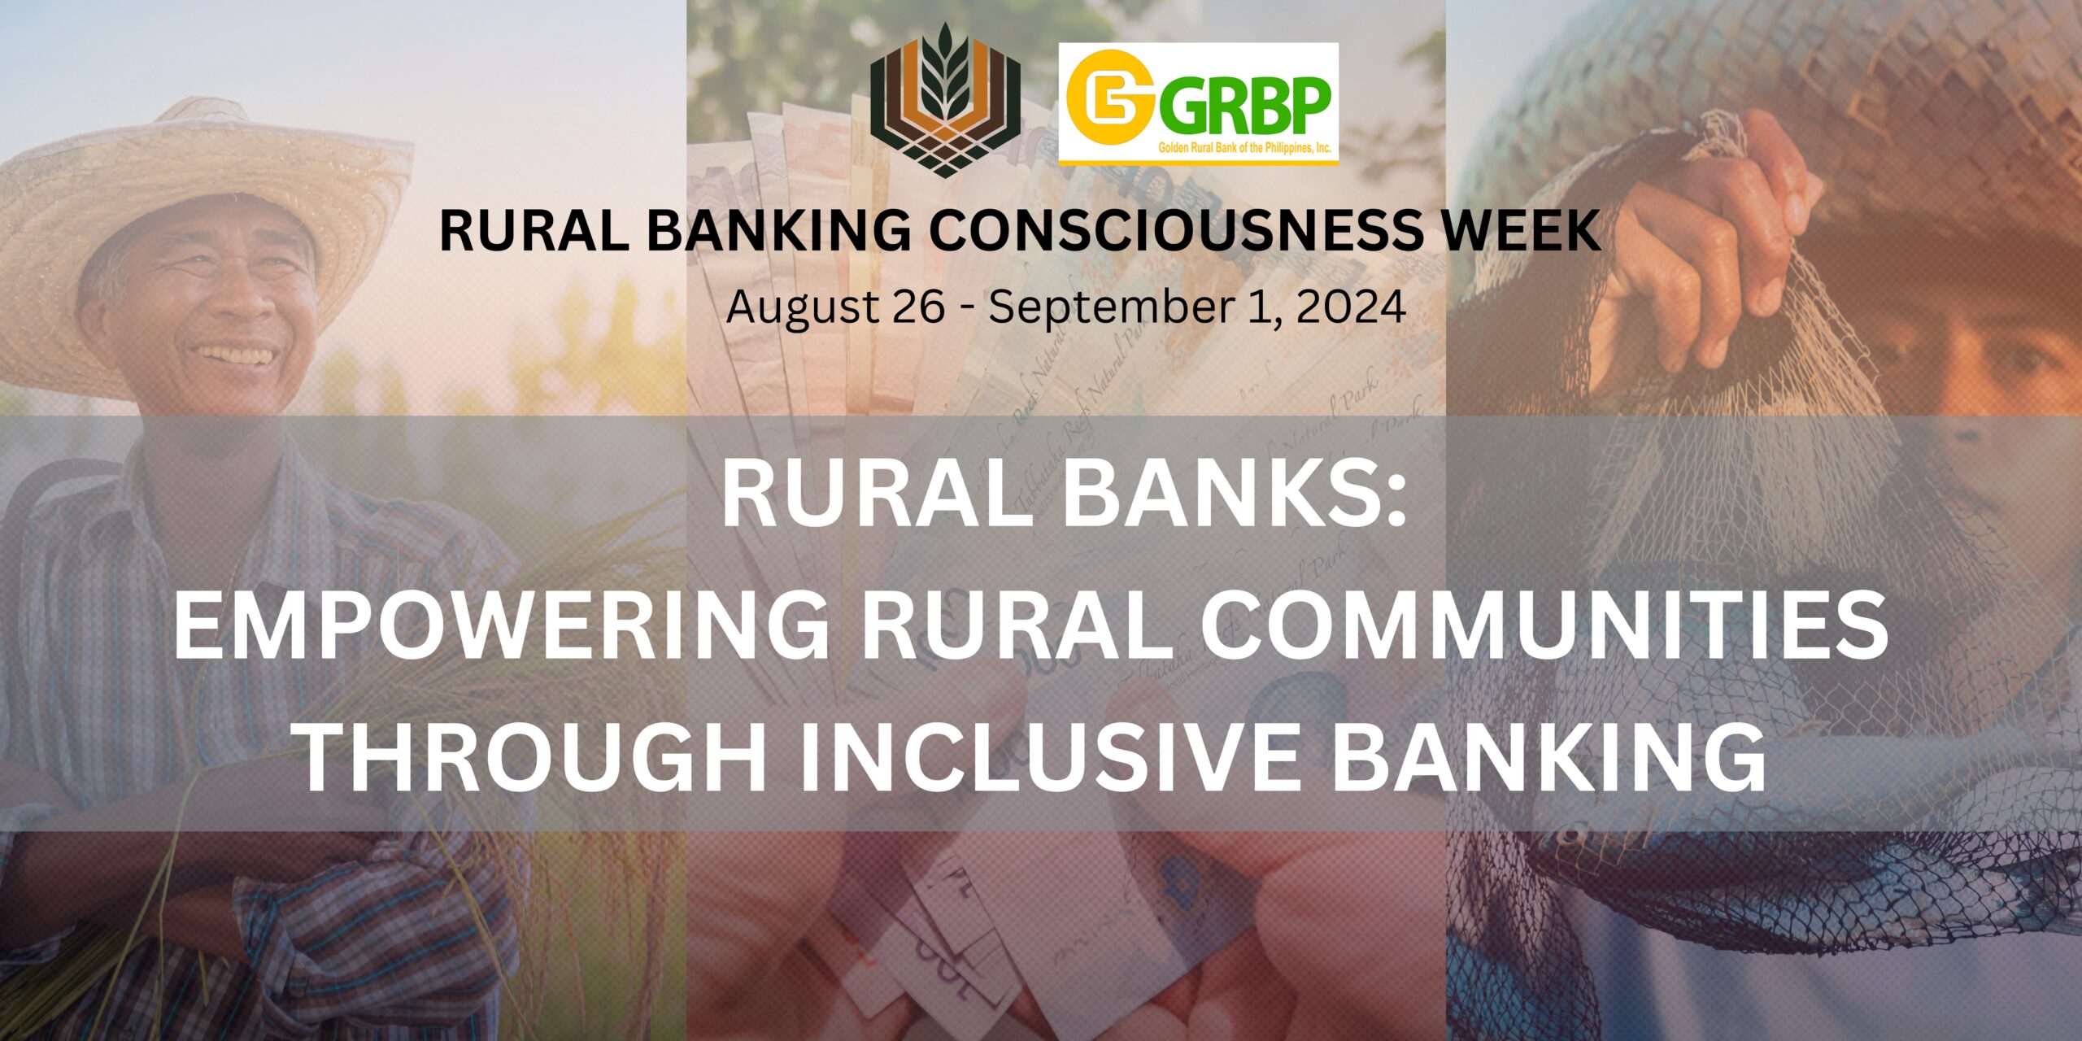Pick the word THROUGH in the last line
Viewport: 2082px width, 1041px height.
[x=533, y=760]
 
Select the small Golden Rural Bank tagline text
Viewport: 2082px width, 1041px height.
[x=1244, y=150]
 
